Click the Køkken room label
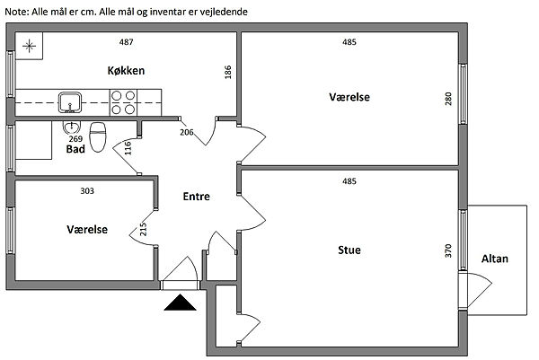125,71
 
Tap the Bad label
75,150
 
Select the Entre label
196,197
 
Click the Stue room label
349,250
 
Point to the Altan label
494,259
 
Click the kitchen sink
68,101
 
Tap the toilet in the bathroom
100,137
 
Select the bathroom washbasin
74,127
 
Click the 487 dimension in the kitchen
127,42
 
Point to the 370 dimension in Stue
449,251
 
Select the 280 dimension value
449,98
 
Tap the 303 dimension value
87,190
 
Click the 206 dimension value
187,132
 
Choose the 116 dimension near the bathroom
128,149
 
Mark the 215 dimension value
144,231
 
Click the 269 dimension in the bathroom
75,139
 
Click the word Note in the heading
17,12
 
